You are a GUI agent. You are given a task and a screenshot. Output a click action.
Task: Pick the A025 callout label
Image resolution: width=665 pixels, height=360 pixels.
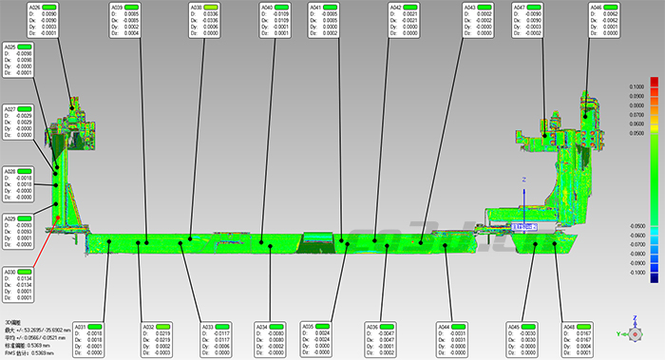(x=10, y=47)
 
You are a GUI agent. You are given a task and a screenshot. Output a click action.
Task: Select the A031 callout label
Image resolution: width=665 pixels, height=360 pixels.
(x=81, y=327)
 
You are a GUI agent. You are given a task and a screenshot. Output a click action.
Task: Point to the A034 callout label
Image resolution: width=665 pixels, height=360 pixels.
(x=263, y=327)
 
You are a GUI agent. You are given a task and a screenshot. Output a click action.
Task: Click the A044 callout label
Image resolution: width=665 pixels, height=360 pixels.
(x=444, y=327)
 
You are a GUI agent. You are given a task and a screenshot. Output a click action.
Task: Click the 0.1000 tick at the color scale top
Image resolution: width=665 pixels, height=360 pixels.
(x=637, y=86)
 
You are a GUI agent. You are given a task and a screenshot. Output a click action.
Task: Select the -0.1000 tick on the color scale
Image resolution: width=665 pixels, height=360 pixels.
(x=637, y=272)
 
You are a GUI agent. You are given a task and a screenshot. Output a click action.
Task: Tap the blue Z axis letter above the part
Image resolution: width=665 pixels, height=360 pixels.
(x=522, y=179)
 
